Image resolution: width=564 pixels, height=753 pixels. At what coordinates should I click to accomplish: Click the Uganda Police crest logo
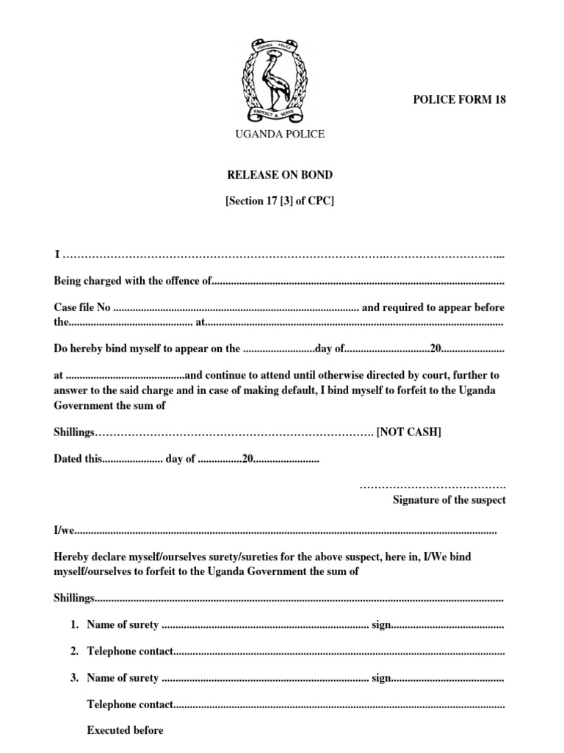[x=278, y=81]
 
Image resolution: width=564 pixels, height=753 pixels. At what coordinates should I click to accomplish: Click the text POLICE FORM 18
[x=460, y=101]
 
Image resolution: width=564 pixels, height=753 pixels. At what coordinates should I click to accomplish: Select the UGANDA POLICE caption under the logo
[x=279, y=134]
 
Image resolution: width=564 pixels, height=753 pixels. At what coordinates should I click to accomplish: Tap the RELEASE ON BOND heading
[x=279, y=175]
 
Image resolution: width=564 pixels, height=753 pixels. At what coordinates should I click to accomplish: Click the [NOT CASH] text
[x=409, y=432]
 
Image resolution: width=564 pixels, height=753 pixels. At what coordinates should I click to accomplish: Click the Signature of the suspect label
[x=449, y=500]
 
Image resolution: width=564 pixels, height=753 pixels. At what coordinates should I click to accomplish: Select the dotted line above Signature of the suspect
[x=433, y=486]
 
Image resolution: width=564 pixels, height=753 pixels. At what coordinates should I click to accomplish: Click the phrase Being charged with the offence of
[x=133, y=281]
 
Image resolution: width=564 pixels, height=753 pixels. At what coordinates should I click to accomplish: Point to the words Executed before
[x=125, y=730]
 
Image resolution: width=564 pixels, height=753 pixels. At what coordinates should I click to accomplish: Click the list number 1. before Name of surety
[x=74, y=625]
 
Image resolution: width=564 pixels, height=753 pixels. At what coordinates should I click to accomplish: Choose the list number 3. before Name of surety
[x=74, y=678]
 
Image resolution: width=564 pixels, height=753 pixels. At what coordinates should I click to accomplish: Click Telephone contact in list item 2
[x=130, y=652]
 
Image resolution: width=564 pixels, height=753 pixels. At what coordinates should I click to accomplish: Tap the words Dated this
[x=77, y=459]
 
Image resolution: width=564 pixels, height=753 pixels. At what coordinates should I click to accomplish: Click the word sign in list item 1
[x=381, y=625]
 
